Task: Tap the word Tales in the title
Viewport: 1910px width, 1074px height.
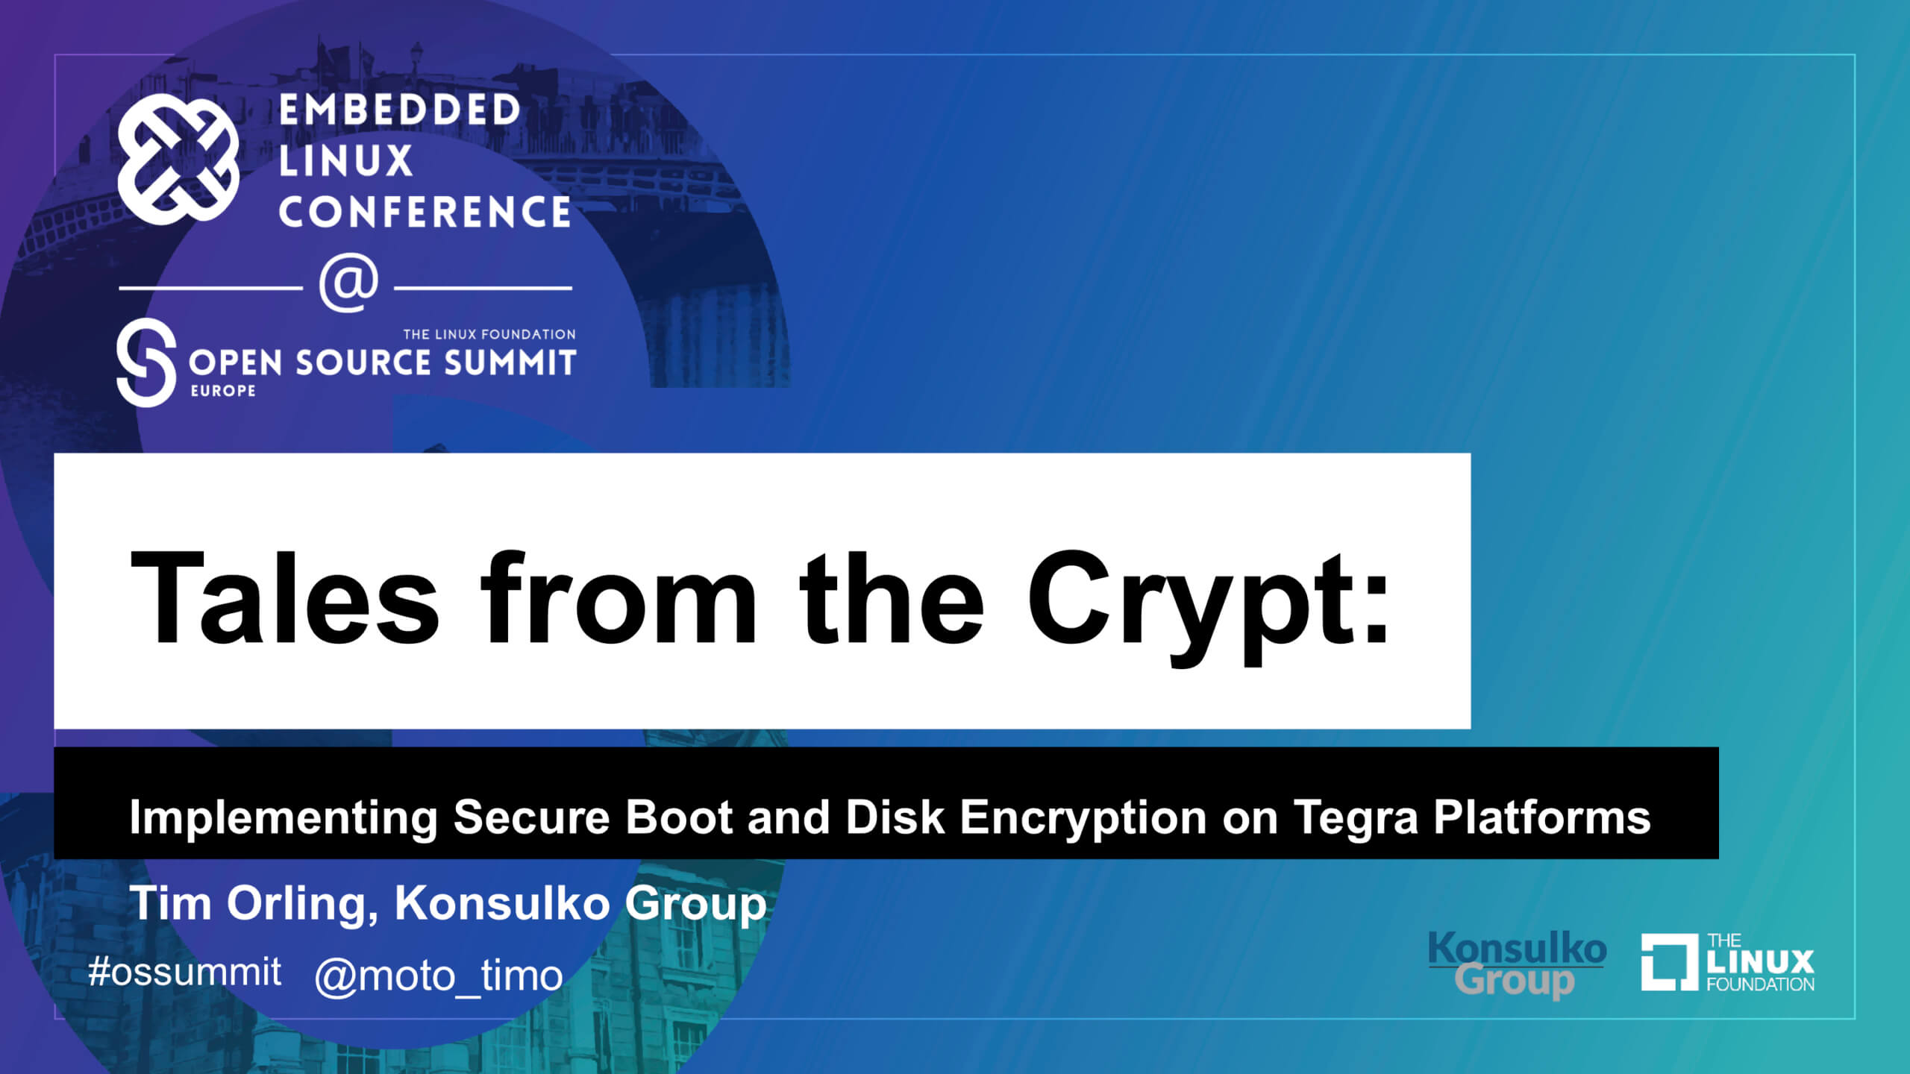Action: (284, 597)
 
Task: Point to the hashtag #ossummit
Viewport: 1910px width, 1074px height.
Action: (184, 971)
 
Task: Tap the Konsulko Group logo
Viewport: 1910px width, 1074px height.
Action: (1517, 964)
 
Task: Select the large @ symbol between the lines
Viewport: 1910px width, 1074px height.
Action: (348, 284)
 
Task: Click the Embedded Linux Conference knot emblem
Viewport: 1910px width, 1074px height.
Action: (178, 159)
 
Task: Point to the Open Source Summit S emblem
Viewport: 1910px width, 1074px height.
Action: (146, 362)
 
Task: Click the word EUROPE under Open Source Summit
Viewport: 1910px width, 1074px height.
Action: (223, 391)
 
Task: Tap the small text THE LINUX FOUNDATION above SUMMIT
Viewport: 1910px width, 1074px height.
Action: (489, 334)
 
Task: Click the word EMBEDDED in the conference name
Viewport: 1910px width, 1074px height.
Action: (399, 110)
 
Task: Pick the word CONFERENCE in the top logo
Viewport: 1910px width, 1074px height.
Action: (425, 212)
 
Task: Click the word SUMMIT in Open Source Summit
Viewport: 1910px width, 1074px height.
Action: (510, 362)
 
